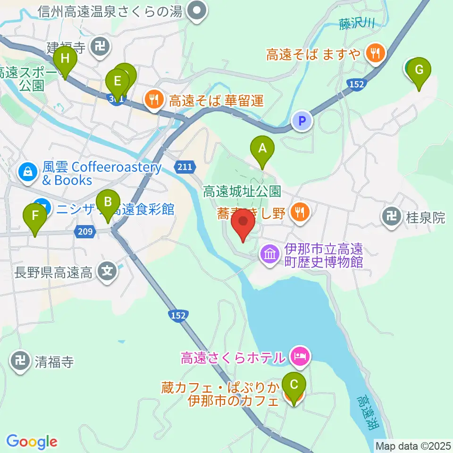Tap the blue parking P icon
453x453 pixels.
(302, 121)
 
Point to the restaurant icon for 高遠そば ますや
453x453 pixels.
(376, 53)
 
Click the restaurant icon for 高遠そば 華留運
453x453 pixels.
(154, 100)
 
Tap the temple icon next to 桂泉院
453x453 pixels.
(392, 217)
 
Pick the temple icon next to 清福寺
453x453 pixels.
(20, 361)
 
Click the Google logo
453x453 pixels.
(32, 442)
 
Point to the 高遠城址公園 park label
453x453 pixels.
(242, 192)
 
